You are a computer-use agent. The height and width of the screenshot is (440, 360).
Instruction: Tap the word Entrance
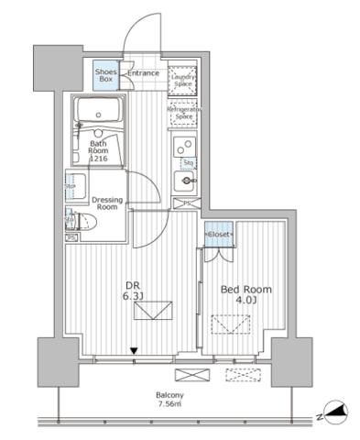[x=143, y=73]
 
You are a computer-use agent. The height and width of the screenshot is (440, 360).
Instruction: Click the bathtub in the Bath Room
[x=103, y=115]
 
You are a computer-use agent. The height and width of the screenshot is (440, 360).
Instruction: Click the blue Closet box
[x=219, y=235]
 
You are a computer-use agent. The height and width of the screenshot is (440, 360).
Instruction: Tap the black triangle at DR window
[x=135, y=350]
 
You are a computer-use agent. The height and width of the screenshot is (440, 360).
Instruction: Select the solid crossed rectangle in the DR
[x=151, y=314]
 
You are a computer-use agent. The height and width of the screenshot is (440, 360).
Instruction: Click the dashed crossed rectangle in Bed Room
[x=231, y=324]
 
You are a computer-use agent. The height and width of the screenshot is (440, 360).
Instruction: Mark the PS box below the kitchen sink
[x=187, y=203]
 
